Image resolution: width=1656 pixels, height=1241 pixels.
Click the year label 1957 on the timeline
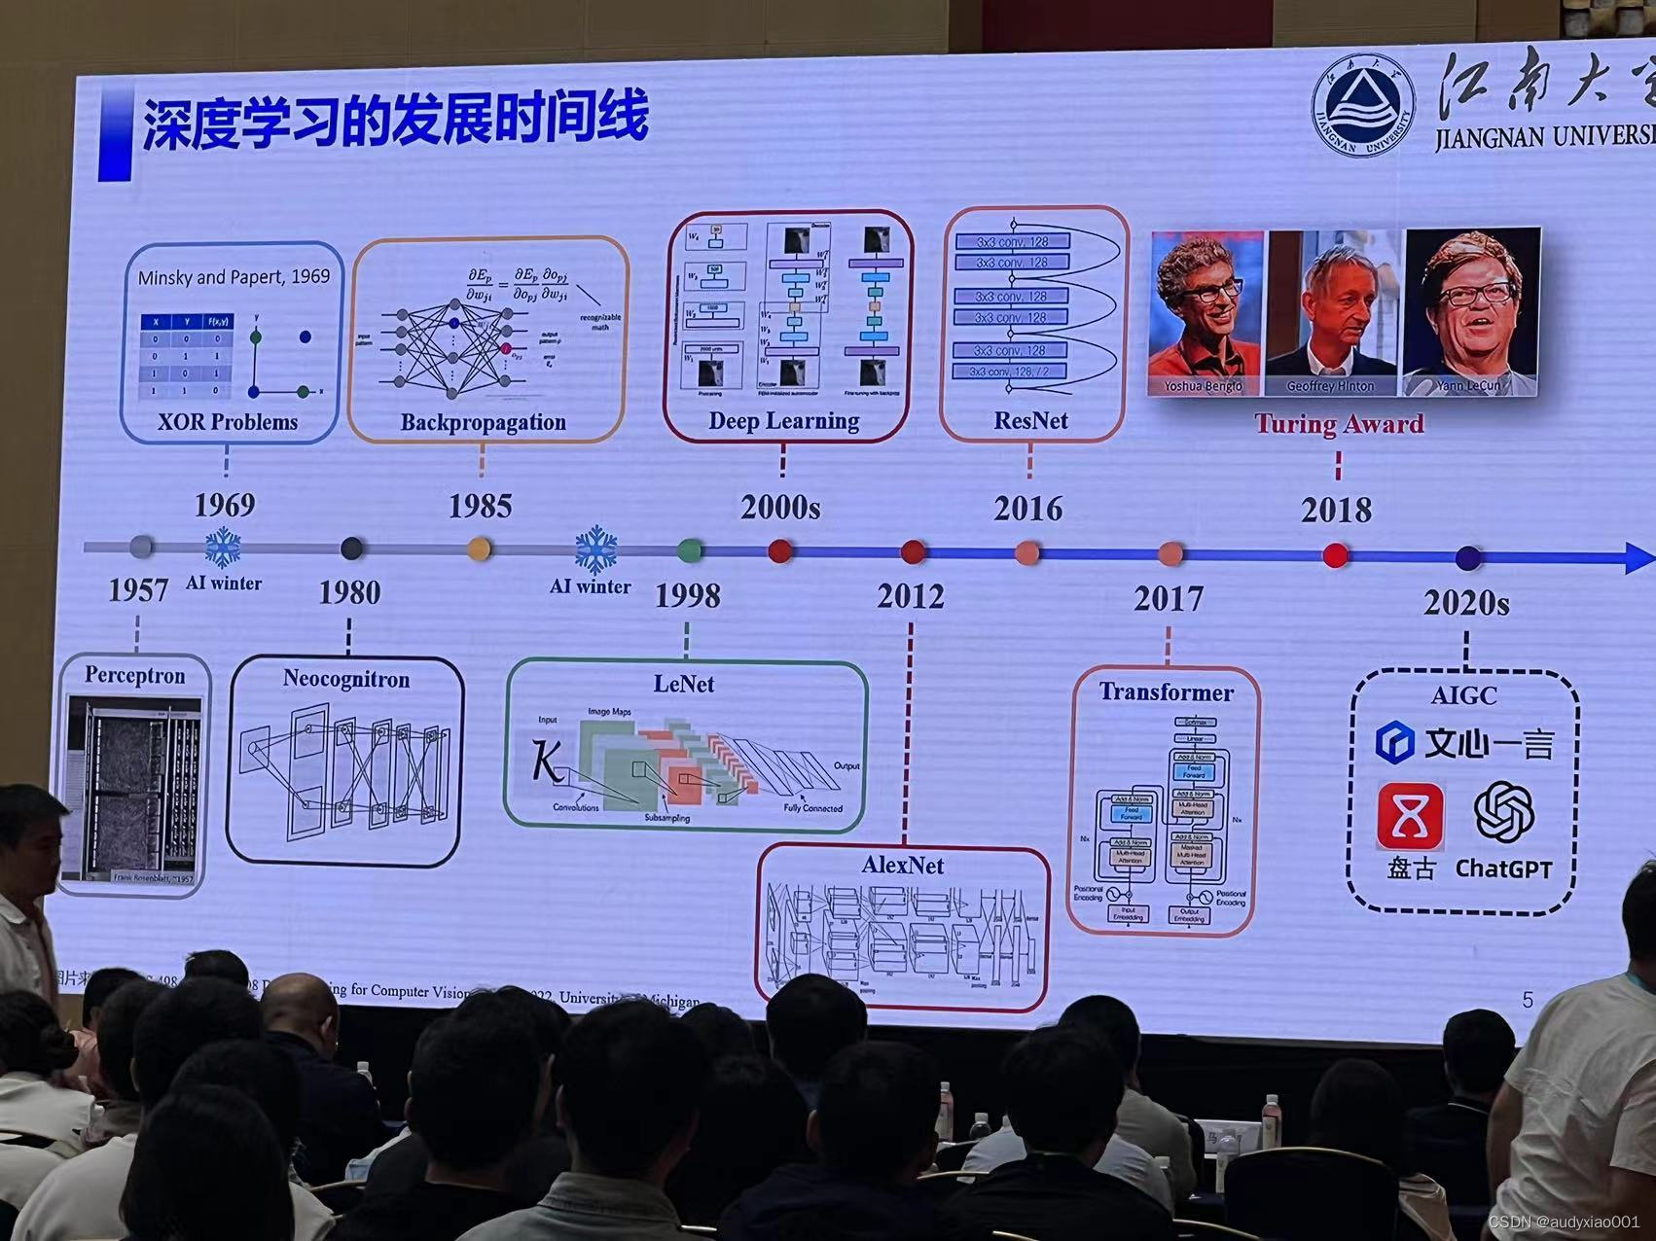[x=137, y=589]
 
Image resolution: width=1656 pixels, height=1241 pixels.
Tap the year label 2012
[x=910, y=595]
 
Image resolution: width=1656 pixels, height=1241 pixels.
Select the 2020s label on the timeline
[x=1466, y=603]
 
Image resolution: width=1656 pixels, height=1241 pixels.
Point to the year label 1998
[x=687, y=595]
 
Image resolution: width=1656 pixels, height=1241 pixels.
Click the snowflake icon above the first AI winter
[x=223, y=548]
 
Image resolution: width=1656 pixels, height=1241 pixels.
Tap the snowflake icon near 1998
[x=595, y=550]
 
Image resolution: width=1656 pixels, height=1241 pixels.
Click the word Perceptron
[x=134, y=675]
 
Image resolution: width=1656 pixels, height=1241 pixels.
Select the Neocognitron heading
[x=345, y=679]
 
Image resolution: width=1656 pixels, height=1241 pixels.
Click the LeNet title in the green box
[x=683, y=684]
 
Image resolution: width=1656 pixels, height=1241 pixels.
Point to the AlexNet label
[x=902, y=865]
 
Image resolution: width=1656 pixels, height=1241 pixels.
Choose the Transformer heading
[x=1166, y=692]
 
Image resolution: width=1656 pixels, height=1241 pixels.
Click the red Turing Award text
[x=1338, y=424]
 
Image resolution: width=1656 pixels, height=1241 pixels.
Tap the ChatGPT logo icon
[x=1503, y=812]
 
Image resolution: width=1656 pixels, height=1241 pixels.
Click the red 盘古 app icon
[x=1410, y=818]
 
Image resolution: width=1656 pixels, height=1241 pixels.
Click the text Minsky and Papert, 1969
[x=234, y=277]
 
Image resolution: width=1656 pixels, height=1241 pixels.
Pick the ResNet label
[x=1030, y=421]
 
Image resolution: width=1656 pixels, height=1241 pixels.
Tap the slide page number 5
[x=1527, y=999]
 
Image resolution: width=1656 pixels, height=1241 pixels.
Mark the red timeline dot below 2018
[x=1336, y=555]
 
